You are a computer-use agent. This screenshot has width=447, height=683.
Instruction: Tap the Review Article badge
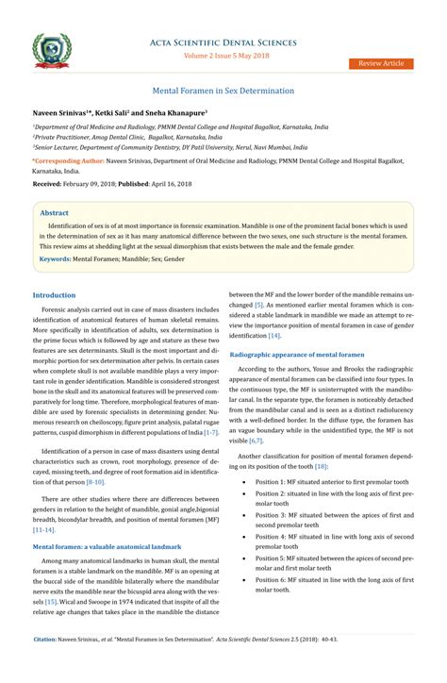coord(380,63)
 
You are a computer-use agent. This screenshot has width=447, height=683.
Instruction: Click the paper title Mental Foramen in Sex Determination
coord(223,92)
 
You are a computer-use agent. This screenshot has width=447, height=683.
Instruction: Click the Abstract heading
coord(55,214)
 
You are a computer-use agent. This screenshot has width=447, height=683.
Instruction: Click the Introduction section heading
coord(54,295)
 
